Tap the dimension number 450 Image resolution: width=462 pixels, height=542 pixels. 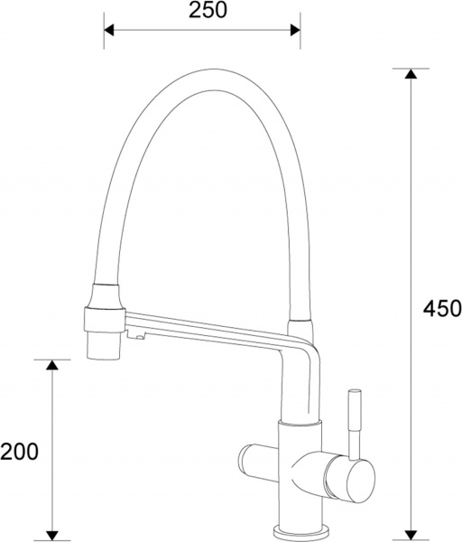pyautogui.click(x=441, y=308)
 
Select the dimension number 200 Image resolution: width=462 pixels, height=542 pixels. pyautogui.click(x=19, y=451)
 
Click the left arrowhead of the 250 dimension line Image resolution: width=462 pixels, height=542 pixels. pyautogui.click(x=109, y=30)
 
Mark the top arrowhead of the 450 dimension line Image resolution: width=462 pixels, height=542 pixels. pyautogui.click(x=411, y=74)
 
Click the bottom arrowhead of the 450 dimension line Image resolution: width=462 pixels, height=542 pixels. pyautogui.click(x=411, y=533)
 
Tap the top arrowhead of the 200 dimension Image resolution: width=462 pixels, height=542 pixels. pyautogui.click(x=52, y=365)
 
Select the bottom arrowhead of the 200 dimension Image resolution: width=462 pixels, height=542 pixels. pyautogui.click(x=52, y=533)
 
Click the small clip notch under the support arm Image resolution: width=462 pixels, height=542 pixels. pyautogui.click(x=138, y=338)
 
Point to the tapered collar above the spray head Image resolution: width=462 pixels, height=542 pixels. pyautogui.click(x=103, y=295)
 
